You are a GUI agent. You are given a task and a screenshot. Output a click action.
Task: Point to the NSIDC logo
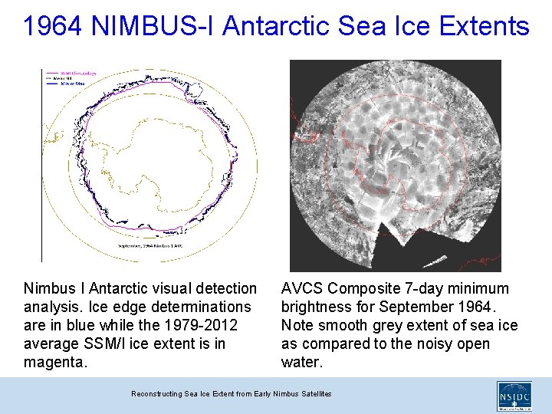[x=514, y=397]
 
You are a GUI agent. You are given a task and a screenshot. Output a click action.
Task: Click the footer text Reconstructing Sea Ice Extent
[x=231, y=393]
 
